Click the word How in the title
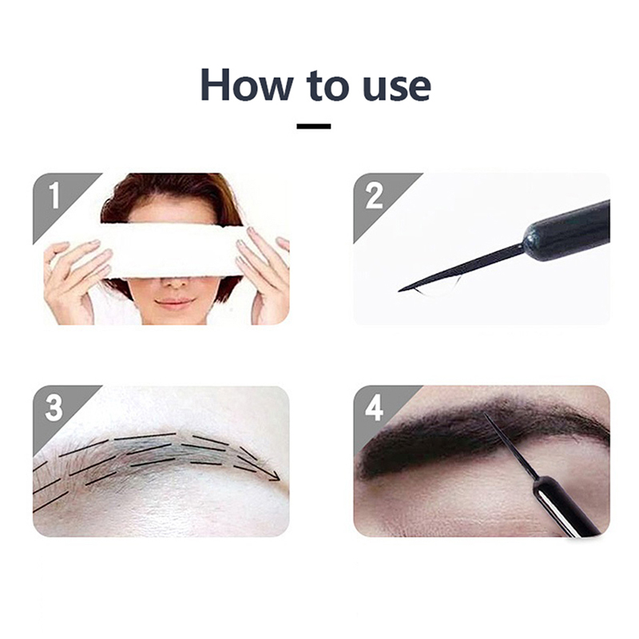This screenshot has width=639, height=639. coord(247,85)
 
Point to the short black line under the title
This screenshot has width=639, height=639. coord(313,126)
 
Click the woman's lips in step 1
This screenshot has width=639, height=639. coord(174,304)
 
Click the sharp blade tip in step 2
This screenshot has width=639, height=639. coord(399,291)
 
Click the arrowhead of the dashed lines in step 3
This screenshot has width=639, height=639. coord(274,475)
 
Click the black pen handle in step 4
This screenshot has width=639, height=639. coord(565,506)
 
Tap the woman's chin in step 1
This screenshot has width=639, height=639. coord(174,319)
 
